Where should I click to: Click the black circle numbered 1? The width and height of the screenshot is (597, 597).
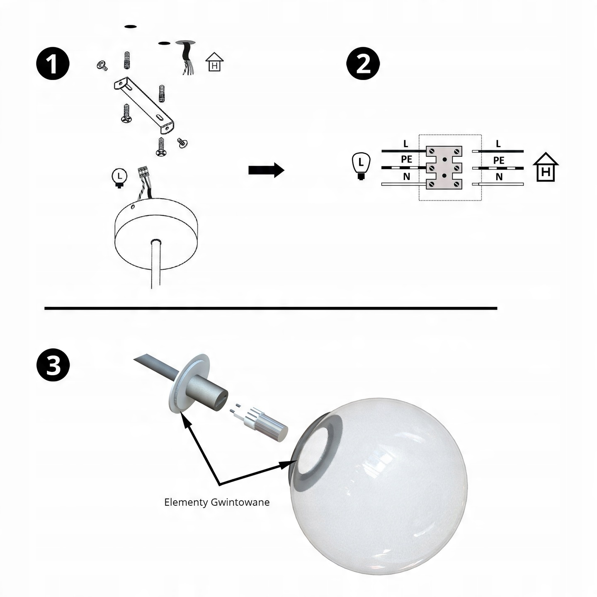(x=53, y=63)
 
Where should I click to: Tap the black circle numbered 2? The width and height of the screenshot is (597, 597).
(x=363, y=63)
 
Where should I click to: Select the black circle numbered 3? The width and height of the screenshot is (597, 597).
(x=53, y=364)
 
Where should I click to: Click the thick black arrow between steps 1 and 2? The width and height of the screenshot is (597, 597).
(x=266, y=170)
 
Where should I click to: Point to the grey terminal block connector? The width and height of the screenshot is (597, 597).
(x=444, y=167)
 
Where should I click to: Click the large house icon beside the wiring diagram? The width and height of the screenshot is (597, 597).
(x=546, y=167)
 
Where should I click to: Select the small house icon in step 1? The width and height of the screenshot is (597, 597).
(x=214, y=62)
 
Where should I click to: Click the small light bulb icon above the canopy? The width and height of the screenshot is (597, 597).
(x=119, y=178)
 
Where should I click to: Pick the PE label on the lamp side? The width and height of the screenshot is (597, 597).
(x=406, y=159)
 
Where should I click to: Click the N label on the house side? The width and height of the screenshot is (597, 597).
(x=499, y=177)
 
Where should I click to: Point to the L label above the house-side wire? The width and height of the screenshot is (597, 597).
(x=498, y=144)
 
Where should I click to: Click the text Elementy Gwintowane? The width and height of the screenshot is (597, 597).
(x=217, y=502)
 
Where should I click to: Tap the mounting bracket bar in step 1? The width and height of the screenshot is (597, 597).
(x=144, y=105)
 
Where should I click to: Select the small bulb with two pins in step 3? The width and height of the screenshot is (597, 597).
(x=259, y=422)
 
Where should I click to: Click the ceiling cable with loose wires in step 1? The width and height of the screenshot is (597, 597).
(x=187, y=58)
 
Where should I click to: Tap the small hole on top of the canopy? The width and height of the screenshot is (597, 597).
(x=133, y=206)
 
